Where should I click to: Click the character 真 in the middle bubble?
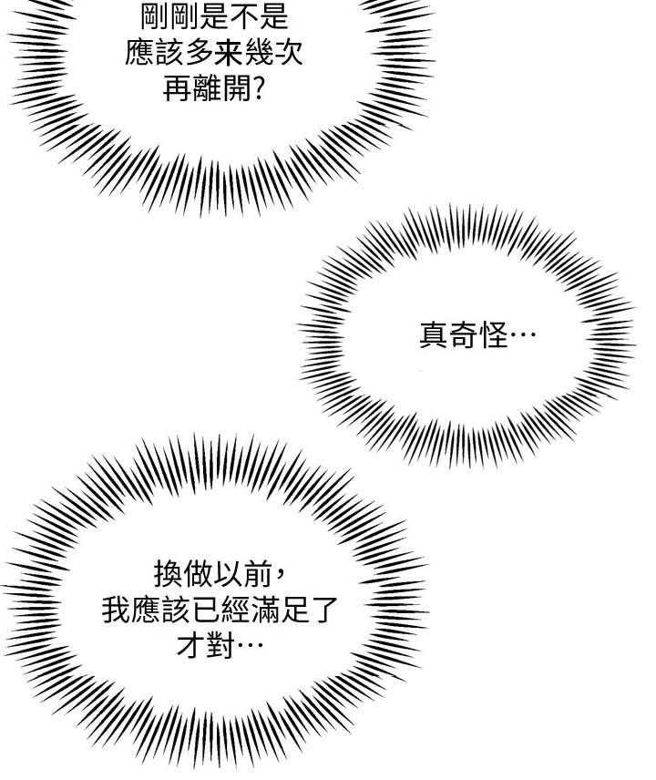click(434, 335)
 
